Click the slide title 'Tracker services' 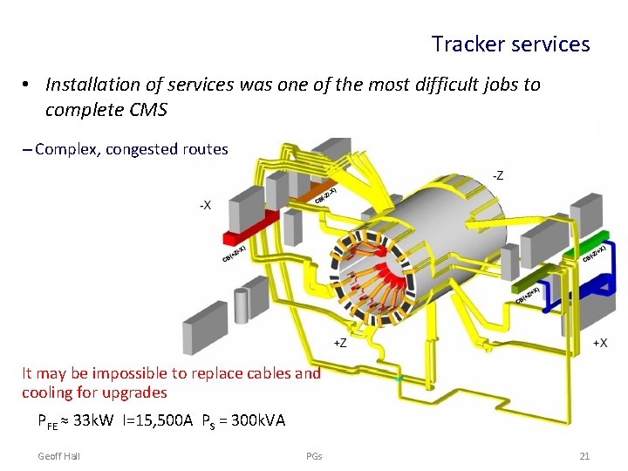tap(510, 44)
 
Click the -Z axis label tap(497, 175)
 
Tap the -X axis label tap(204, 206)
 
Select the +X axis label tap(599, 343)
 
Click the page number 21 tap(584, 456)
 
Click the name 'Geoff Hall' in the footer tap(59, 456)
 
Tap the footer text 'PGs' tap(314, 456)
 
